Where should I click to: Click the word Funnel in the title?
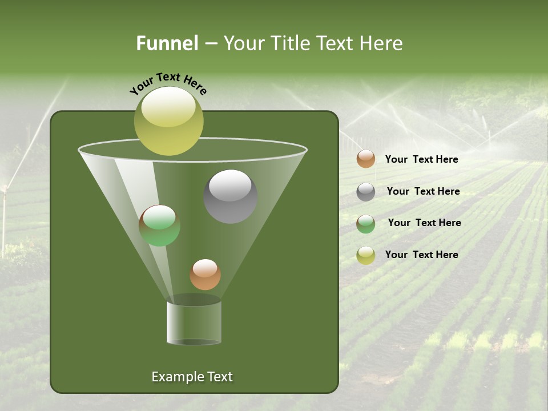pos(167,43)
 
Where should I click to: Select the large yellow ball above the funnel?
pos(169,121)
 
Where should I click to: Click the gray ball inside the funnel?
pos(231,196)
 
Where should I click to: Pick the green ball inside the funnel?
pos(160,225)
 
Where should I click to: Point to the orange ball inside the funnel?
pos(205,274)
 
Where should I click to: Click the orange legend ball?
pos(366,159)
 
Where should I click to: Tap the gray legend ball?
pos(366,192)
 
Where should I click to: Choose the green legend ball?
pos(366,224)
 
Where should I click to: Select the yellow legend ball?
pos(366,255)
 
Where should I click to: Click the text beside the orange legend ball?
pos(421,160)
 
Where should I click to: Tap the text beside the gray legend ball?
pos(423,191)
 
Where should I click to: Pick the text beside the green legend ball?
pos(424,223)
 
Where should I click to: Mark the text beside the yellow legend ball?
pos(421,255)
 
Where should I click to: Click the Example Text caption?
pos(192,377)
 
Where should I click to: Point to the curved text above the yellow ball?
pos(168,83)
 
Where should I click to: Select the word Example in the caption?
pos(174,377)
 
